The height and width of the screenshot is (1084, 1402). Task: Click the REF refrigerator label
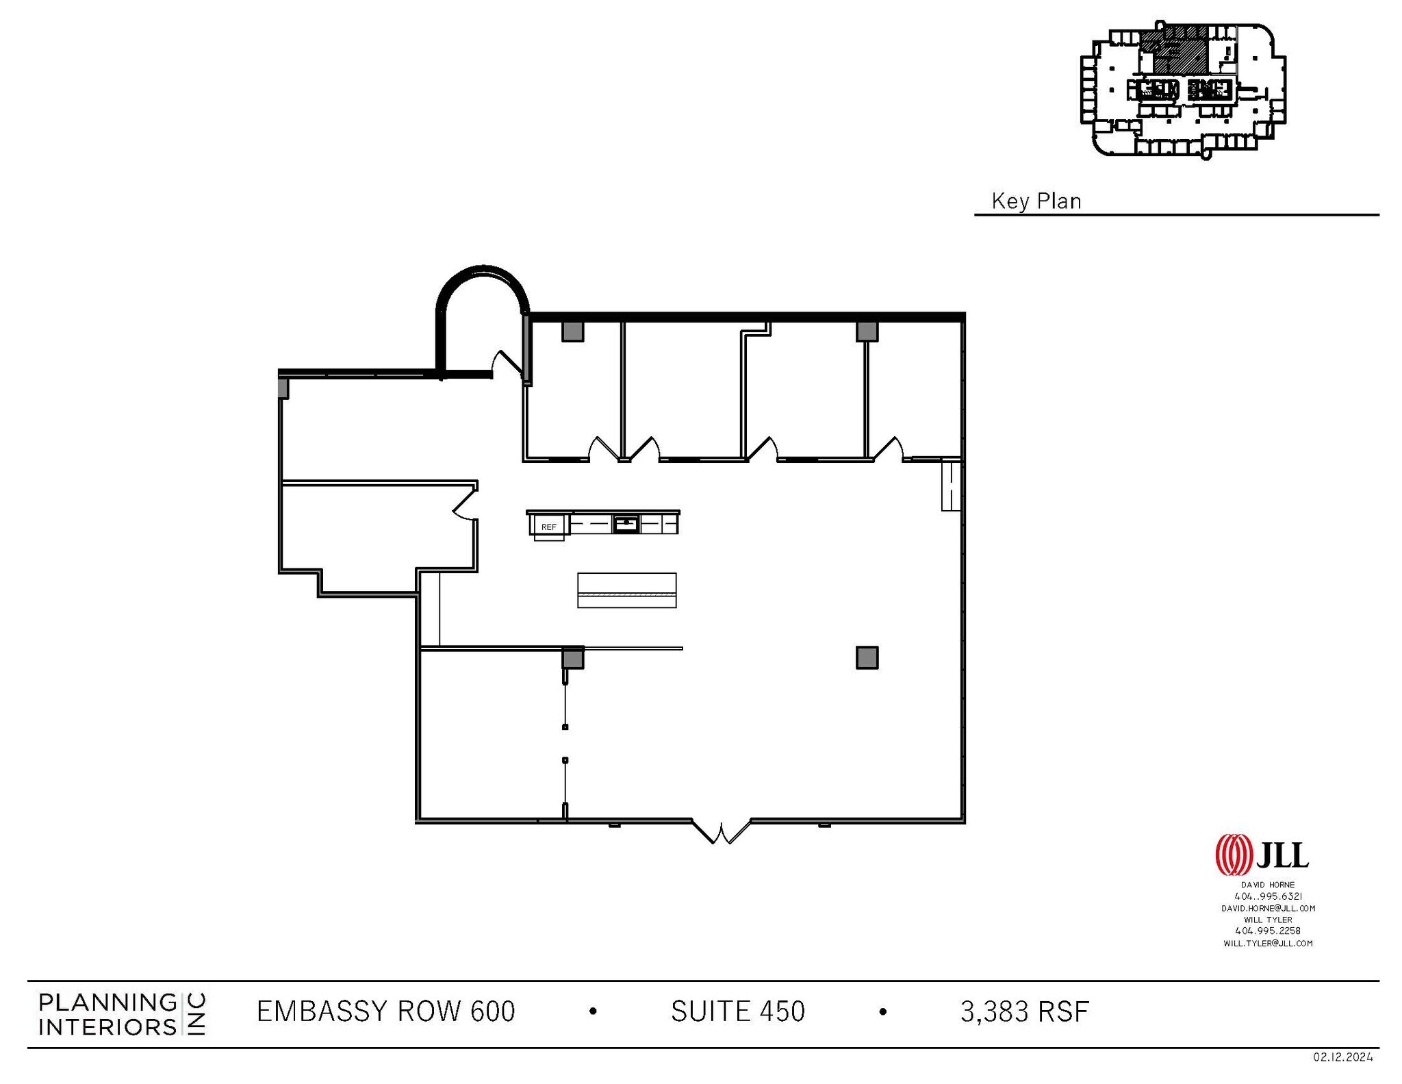tap(549, 527)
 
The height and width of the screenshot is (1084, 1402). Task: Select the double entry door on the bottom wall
tap(721, 831)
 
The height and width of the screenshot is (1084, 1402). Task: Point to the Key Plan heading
tap(1036, 201)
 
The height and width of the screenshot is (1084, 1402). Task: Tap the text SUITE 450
tap(737, 1011)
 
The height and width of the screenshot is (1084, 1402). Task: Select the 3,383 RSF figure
tap(1024, 1011)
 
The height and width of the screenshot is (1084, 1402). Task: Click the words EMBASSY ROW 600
tap(385, 1011)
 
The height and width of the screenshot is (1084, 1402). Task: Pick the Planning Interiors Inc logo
tap(122, 1014)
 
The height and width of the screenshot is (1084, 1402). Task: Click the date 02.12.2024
tap(1342, 1057)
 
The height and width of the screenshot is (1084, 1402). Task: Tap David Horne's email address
tap(1268, 908)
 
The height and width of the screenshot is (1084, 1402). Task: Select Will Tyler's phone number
tap(1268, 931)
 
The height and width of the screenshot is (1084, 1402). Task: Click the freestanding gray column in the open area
tap(867, 657)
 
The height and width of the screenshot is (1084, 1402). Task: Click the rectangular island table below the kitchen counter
tap(626, 590)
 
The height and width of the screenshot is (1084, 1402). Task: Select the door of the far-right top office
tap(889, 449)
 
